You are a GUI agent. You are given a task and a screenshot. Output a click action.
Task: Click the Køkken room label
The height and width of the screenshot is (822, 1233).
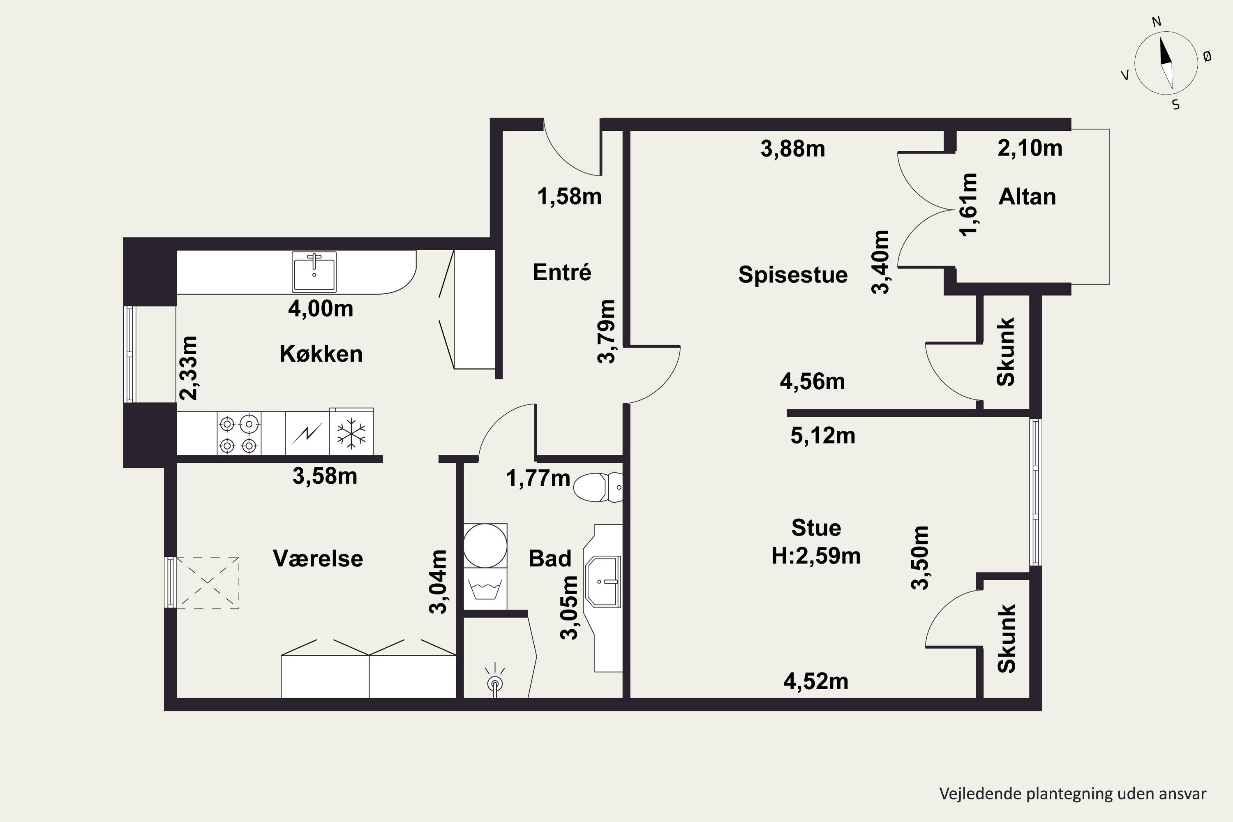321,354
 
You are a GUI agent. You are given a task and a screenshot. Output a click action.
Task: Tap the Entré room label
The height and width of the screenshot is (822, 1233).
562,272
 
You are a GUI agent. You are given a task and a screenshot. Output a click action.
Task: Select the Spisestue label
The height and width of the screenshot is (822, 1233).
793,275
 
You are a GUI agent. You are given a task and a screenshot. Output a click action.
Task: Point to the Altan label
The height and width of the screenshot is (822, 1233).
1027,196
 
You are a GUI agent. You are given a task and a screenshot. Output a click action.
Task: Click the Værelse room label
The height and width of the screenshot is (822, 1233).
318,558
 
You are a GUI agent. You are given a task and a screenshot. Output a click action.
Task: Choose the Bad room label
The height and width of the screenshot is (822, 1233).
550,558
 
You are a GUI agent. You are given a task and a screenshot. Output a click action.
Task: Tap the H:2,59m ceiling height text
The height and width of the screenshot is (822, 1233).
816,556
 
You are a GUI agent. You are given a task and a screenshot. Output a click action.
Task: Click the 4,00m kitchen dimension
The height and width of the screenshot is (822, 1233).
320,309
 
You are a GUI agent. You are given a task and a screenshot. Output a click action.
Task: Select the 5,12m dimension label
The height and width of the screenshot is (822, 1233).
822,436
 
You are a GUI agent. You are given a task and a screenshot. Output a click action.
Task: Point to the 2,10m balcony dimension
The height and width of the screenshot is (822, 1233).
1030,148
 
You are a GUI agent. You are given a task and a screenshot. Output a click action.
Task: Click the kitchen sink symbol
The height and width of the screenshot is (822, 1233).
314,272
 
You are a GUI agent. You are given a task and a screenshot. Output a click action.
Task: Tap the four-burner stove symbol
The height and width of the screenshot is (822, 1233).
239,434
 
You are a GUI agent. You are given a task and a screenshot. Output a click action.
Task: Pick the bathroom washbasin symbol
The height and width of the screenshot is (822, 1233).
603,582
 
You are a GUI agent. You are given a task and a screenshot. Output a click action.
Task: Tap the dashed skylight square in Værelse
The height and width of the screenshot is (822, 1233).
208,583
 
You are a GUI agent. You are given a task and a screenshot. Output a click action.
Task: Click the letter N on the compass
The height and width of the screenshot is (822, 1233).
1157,21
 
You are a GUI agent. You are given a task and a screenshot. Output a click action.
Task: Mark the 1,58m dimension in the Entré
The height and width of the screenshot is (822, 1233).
569,196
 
